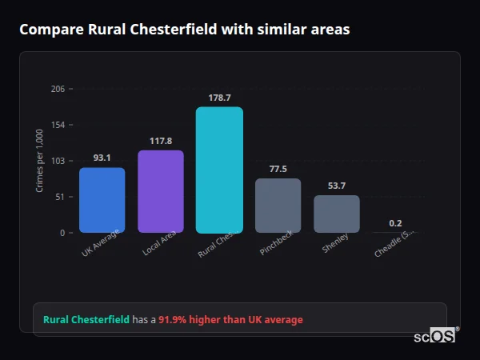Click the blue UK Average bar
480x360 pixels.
(x=102, y=200)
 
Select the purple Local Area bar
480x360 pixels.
(x=161, y=191)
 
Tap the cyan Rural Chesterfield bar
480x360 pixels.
(x=219, y=170)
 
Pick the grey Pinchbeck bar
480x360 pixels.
(x=278, y=205)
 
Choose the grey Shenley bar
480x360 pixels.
(x=337, y=214)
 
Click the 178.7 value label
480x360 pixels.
(x=219, y=98)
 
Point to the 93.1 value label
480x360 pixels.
(x=102, y=158)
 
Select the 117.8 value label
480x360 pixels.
(x=161, y=141)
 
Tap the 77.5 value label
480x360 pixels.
(x=278, y=169)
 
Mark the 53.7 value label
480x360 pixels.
(x=337, y=186)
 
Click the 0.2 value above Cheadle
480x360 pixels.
(x=395, y=223)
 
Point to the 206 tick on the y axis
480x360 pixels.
(x=58, y=89)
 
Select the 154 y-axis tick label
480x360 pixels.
(x=58, y=125)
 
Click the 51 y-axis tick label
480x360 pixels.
(x=60, y=197)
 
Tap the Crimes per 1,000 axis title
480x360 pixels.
(x=40, y=161)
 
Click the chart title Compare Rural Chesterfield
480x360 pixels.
(x=184, y=30)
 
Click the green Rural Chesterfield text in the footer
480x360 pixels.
(x=86, y=320)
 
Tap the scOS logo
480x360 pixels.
(x=434, y=336)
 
